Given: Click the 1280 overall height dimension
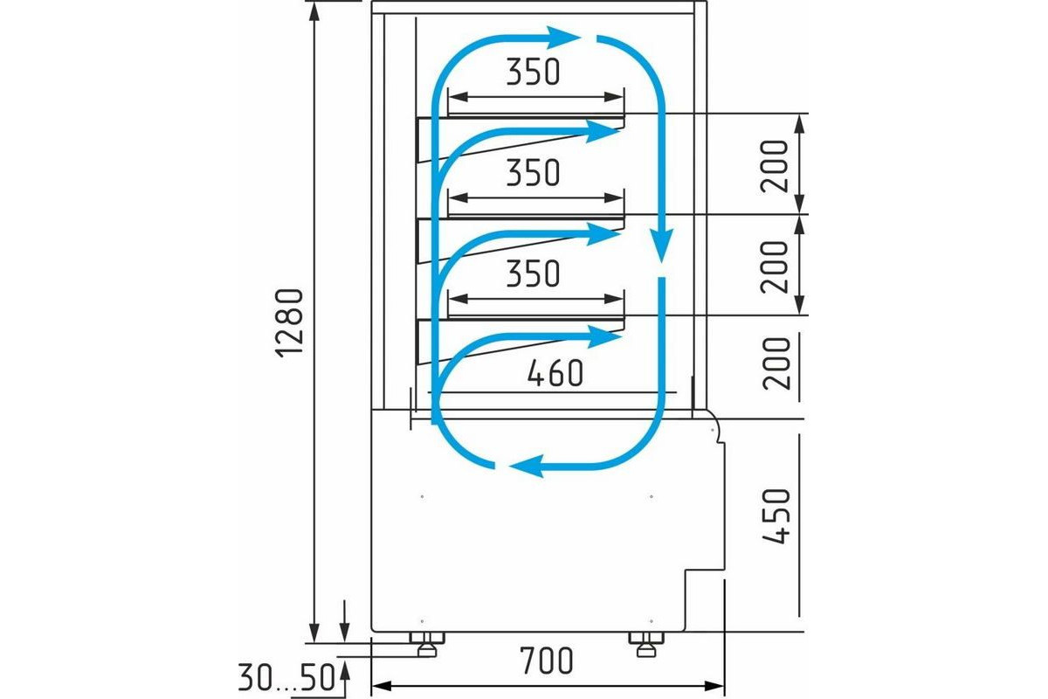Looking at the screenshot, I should (289, 321).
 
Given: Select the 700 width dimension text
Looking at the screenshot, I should (548, 661).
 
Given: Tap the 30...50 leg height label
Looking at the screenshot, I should (286, 677).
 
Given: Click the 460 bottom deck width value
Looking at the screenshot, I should (555, 374).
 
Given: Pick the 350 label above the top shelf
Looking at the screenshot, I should (532, 73).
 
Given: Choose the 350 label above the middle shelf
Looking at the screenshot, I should (532, 174).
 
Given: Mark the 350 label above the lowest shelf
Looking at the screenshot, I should (532, 274).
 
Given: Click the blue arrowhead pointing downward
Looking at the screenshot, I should (663, 245).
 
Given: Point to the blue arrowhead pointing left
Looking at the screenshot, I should (524, 467).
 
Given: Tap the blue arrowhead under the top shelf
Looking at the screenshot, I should (603, 132).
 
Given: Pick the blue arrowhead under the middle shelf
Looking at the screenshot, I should (603, 233).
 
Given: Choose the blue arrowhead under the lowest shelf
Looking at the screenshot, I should (603, 334).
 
